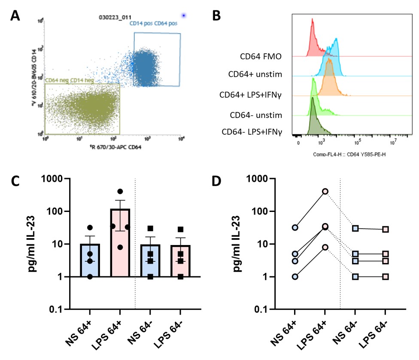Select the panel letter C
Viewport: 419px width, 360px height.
tap(15, 181)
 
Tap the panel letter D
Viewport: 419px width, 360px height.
tap(217, 181)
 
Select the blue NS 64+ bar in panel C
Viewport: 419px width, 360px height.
tap(90, 260)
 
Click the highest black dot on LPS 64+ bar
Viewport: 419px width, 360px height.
tap(120, 191)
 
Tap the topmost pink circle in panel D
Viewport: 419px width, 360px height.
tap(325, 191)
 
